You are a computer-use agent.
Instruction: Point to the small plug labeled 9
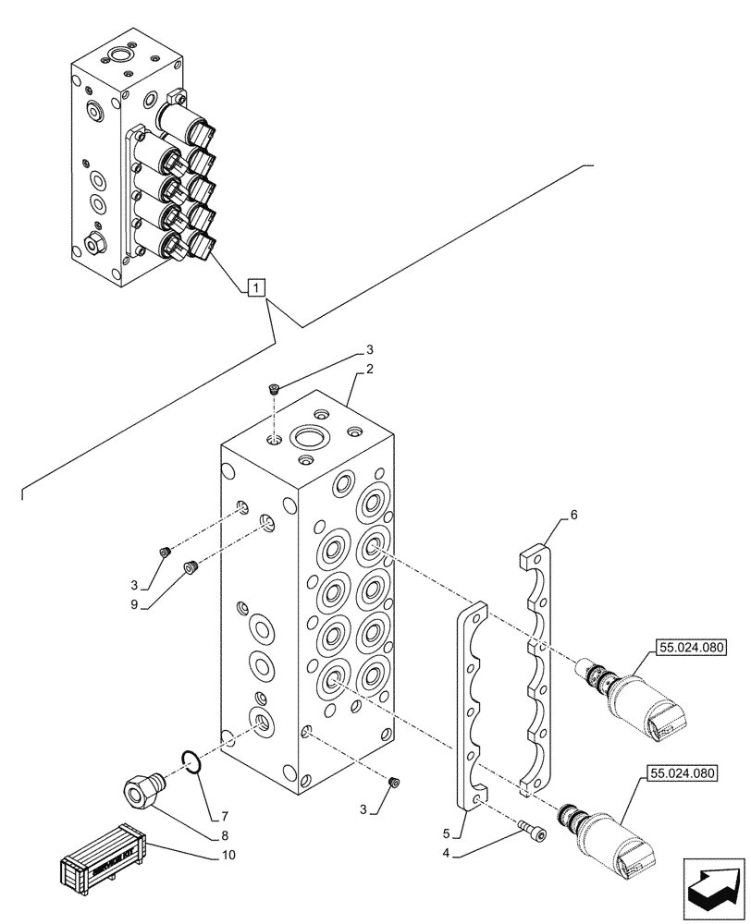click(x=192, y=567)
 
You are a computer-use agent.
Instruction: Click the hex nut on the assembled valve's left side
click(x=93, y=244)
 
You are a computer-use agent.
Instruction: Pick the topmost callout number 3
click(x=369, y=350)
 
